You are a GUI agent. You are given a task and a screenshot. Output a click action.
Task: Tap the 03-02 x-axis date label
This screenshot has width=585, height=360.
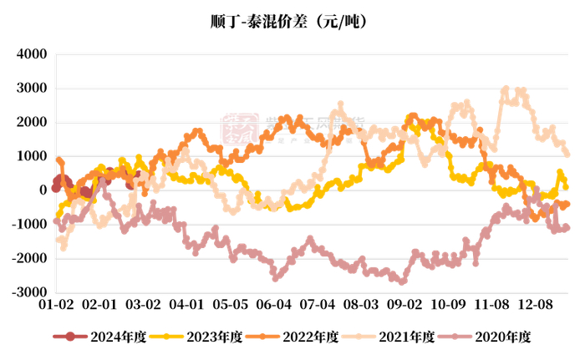[143, 305]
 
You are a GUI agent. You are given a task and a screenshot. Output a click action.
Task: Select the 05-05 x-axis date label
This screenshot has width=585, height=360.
[230, 305]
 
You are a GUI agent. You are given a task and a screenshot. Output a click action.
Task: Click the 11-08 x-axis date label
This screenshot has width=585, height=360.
[491, 305]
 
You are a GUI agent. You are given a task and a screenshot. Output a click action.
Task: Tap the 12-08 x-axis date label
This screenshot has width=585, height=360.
[535, 305]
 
